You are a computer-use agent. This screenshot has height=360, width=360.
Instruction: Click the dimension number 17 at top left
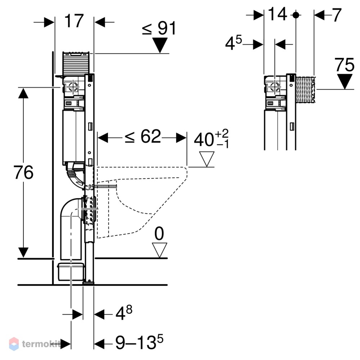tap(74, 21)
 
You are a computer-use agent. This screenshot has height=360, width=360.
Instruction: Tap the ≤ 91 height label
tap(159, 28)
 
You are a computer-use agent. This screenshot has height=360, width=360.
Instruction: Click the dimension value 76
tap(23, 172)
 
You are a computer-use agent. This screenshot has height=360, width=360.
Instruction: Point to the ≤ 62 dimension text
tap(143, 136)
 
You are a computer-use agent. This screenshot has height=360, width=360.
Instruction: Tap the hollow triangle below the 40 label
tap(207, 159)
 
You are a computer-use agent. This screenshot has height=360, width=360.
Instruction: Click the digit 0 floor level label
tap(159, 234)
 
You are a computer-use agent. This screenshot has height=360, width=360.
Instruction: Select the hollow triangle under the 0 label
tap(159, 250)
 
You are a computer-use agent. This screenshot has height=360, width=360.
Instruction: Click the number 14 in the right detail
tap(277, 14)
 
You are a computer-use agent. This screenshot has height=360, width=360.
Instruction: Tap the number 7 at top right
tap(337, 15)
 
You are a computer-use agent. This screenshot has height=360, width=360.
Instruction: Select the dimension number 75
tap(344, 65)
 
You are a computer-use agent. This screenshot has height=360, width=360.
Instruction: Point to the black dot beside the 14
tap(296, 15)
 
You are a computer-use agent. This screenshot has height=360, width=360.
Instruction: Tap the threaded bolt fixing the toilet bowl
tap(105, 186)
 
